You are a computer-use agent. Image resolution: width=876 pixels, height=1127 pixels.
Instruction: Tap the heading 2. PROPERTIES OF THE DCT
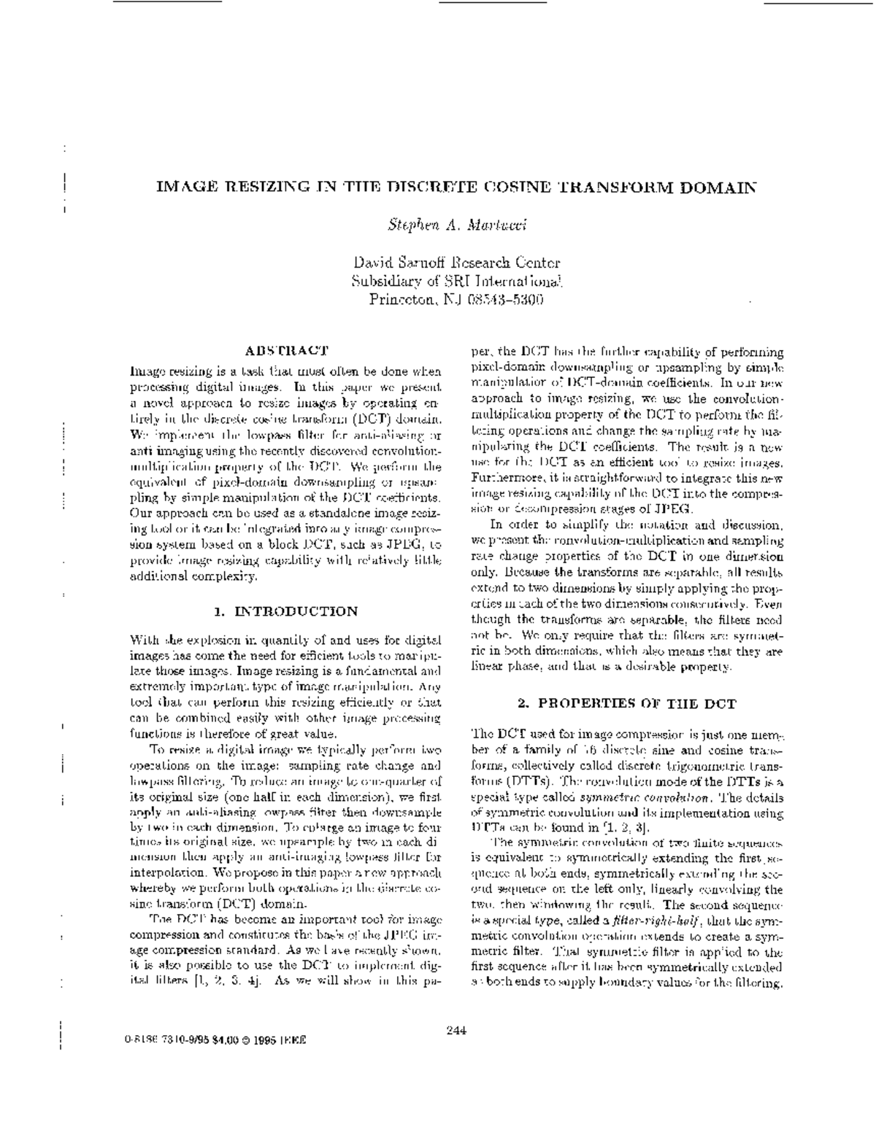pyautogui.click(x=626, y=704)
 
